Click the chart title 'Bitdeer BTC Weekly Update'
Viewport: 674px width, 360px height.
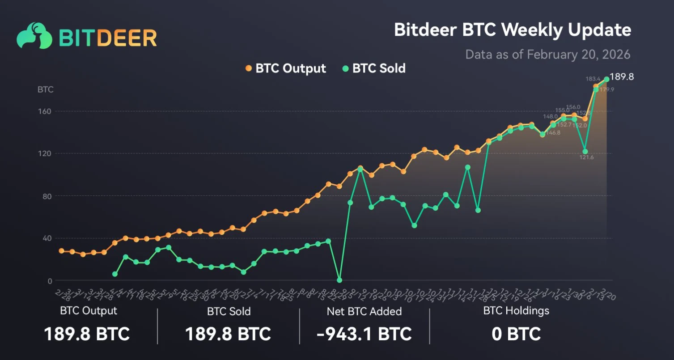tap(512, 30)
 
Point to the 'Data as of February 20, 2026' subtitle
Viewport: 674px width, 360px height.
tap(547, 55)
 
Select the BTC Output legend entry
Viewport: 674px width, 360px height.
tap(286, 68)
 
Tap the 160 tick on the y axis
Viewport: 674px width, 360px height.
tap(46, 111)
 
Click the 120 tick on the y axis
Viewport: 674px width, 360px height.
tap(46, 153)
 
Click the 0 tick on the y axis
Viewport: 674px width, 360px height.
tap(50, 281)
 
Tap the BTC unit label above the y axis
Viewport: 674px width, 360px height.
tap(45, 89)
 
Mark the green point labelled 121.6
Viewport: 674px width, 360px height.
tap(585, 152)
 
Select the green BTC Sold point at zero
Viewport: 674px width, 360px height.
tap(339, 280)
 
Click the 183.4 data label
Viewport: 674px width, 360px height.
tap(593, 79)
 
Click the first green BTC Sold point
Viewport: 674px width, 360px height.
tap(115, 274)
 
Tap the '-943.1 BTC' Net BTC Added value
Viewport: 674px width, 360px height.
tap(364, 334)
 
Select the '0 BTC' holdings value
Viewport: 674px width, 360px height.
tap(516, 334)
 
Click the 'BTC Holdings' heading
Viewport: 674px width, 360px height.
tap(516, 310)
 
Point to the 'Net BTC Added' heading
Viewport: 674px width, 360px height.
tap(364, 311)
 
